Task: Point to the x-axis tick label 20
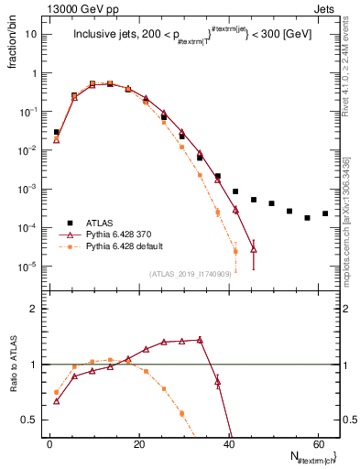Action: tap(138, 444)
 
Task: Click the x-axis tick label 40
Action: tap(228, 444)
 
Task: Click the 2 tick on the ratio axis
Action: tap(35, 310)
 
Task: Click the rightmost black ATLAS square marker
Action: tap(325, 213)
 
